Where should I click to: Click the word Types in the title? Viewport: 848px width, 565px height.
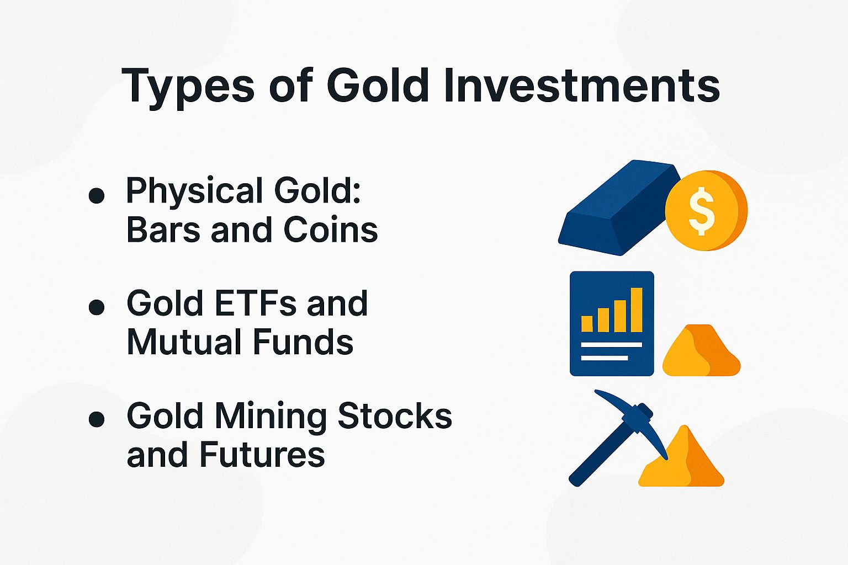(x=188, y=87)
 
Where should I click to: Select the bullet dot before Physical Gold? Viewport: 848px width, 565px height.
(x=97, y=195)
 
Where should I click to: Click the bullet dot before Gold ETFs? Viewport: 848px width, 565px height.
(x=97, y=307)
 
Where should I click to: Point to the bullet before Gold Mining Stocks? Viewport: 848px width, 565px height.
(x=97, y=419)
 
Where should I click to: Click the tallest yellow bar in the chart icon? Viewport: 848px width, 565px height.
(x=637, y=310)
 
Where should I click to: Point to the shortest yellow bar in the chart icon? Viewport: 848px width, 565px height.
(x=587, y=323)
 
